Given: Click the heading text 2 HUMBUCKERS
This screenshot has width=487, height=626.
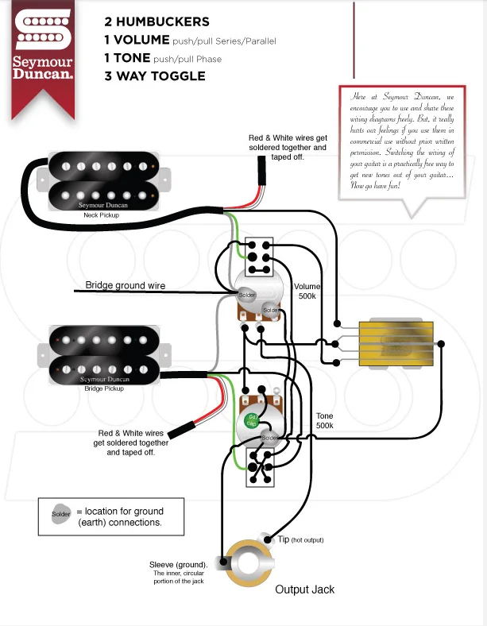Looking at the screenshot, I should pos(157,21).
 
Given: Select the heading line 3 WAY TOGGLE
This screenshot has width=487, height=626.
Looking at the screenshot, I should pos(154,76).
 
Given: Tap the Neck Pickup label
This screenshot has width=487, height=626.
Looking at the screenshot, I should pos(101,214).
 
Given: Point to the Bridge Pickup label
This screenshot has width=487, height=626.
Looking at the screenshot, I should pos(104,388).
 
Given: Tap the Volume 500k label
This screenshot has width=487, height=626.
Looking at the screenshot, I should pos(306,291).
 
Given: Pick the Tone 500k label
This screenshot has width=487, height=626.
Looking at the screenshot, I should pos(325,421).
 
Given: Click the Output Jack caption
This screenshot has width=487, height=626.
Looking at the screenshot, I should pos(304,589).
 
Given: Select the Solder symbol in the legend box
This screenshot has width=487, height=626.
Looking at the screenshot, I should pos(60,516).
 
